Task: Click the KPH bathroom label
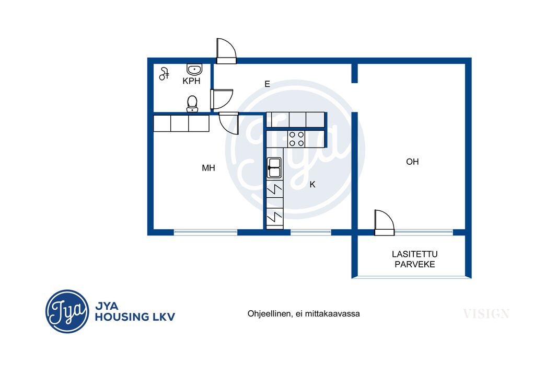click(x=191, y=81)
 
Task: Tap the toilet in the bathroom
click(x=192, y=104)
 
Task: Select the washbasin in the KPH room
click(x=194, y=70)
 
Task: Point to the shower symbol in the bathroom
click(x=164, y=74)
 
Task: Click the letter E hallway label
click(x=267, y=84)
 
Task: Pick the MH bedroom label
click(x=208, y=168)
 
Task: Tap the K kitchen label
click(x=312, y=184)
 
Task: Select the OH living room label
click(x=412, y=162)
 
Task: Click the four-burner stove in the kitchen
click(x=297, y=139)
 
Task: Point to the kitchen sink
click(x=274, y=168)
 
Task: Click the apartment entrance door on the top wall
click(x=226, y=51)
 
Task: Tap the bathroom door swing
click(x=222, y=99)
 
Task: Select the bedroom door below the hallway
click(x=228, y=123)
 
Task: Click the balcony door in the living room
click(x=385, y=223)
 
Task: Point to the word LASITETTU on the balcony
click(x=414, y=254)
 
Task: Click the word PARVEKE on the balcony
click(x=414, y=265)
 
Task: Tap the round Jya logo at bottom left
click(x=67, y=311)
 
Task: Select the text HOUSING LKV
click(x=135, y=317)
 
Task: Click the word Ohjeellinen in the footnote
click(x=269, y=314)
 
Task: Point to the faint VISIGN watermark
click(x=486, y=314)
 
